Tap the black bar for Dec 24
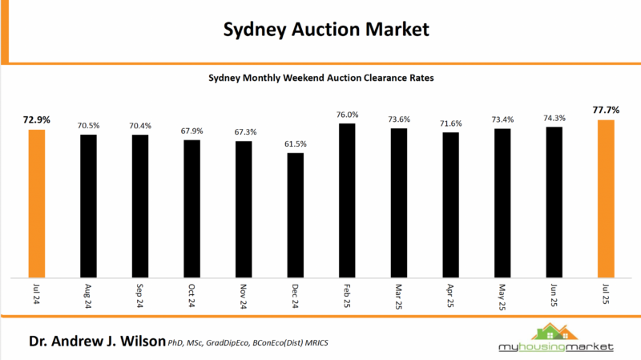(296, 214)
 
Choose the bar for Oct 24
(192, 208)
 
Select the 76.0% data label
(347, 114)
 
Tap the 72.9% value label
(37, 119)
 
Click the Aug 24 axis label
(88, 296)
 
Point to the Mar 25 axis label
(399, 296)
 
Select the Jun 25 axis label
(554, 296)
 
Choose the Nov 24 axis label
(244, 296)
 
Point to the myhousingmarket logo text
(553, 347)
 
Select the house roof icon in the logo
(553, 330)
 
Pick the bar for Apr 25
(450, 204)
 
